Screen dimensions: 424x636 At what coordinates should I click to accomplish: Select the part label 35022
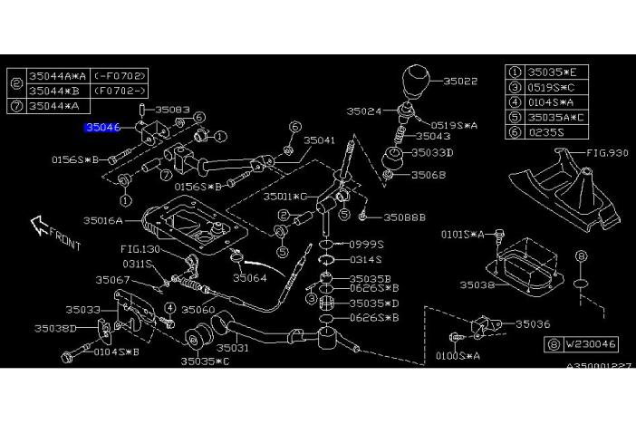[460, 82]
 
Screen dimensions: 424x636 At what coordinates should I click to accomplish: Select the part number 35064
[249, 277]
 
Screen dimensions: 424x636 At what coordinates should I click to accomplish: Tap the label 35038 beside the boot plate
[477, 284]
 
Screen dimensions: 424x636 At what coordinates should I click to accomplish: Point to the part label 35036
[533, 323]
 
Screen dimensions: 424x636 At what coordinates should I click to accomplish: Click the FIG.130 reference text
[140, 248]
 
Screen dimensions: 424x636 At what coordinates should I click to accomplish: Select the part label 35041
[319, 140]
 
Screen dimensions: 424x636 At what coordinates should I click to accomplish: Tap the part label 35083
[172, 110]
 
